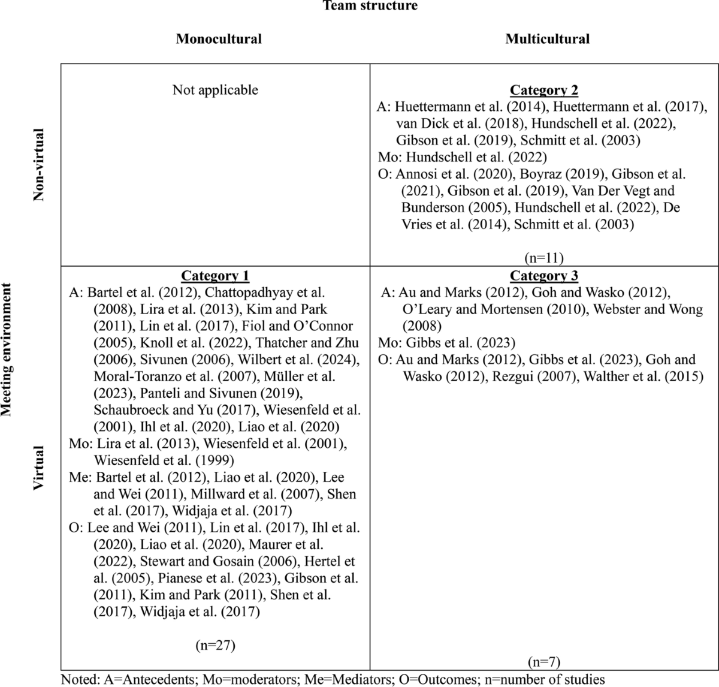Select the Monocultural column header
(219, 39)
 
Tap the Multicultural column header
(547, 39)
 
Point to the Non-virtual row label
(39, 165)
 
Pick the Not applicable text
(215, 90)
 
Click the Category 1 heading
(215, 276)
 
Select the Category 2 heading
(543, 91)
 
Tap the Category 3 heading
(543, 276)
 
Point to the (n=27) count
(215, 646)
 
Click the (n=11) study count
(543, 258)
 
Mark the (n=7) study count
(543, 662)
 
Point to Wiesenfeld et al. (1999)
(164, 460)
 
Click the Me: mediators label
(77, 478)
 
